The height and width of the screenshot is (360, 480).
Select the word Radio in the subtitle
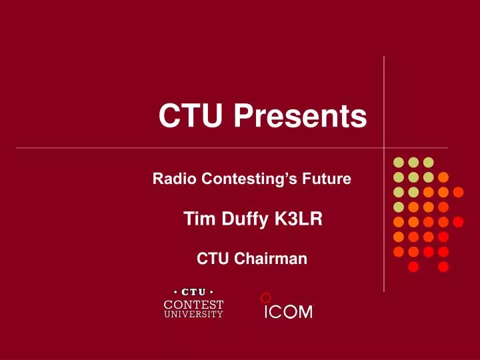pos(171,179)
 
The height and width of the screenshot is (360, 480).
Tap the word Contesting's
pos(248,179)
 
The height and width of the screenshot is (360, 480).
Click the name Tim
pos(196,218)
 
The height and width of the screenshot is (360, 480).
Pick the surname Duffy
pos(241,219)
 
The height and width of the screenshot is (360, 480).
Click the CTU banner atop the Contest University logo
pos(193,292)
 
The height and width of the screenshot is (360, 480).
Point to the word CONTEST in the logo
pos(193,304)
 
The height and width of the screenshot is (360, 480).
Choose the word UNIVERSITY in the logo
pos(193,315)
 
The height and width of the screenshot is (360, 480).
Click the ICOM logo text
pos(288,312)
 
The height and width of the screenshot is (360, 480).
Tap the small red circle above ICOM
pos(265,297)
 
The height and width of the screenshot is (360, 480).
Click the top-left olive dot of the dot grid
pos(398,162)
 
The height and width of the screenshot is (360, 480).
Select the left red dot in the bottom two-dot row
pos(413,267)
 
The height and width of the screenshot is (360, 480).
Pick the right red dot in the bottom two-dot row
pos(443,267)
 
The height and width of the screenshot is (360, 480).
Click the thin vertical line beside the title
pos(384,100)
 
